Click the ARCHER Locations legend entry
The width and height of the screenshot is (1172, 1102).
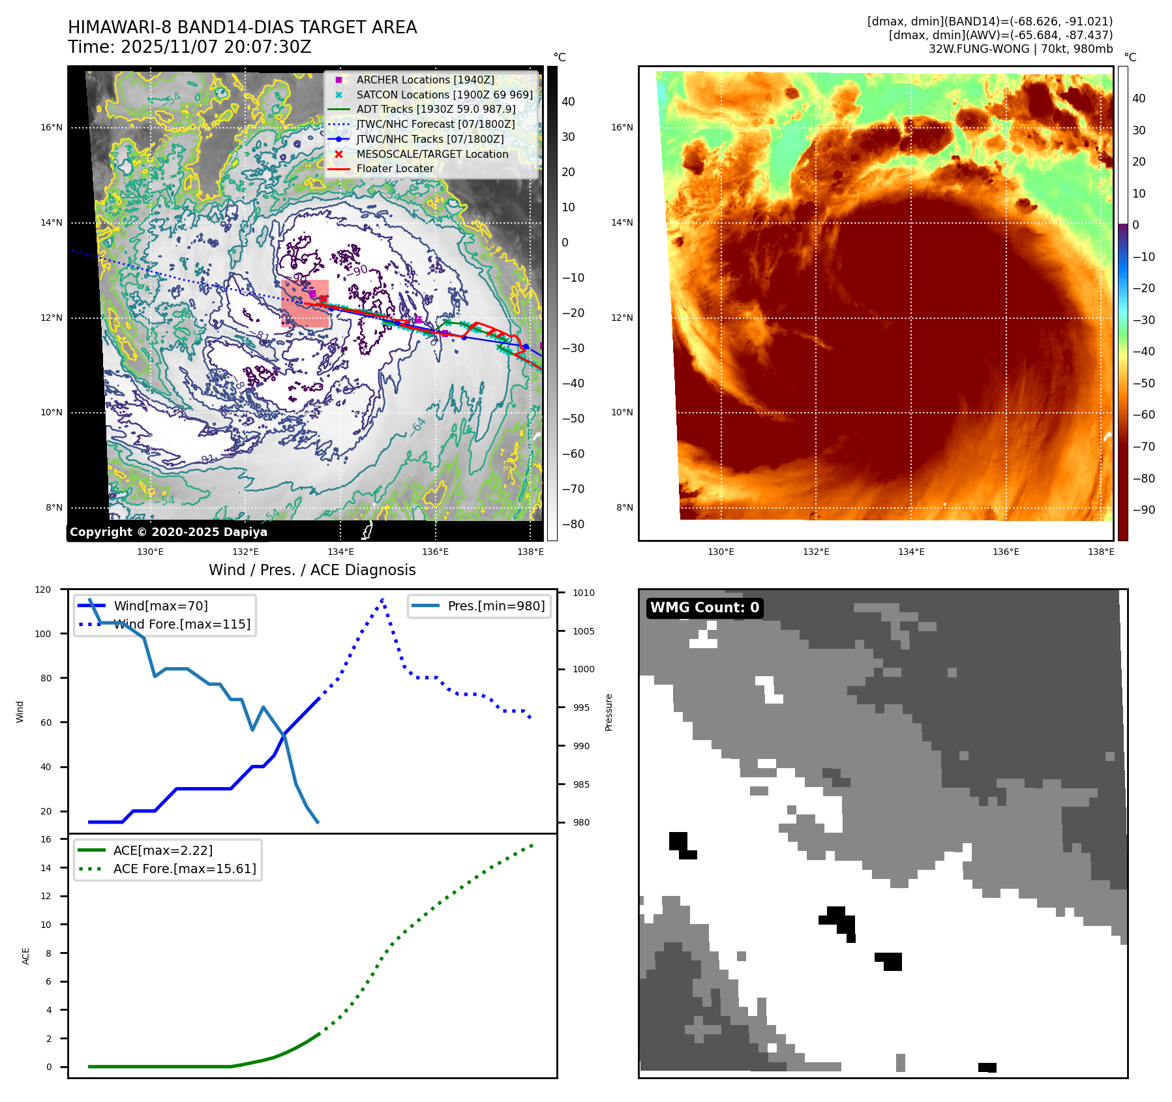425,80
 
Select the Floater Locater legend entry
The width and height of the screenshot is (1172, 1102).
395,168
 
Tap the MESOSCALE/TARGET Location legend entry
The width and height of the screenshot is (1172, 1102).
432,154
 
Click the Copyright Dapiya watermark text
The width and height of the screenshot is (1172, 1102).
168,532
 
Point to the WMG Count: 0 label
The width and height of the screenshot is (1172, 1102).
704,608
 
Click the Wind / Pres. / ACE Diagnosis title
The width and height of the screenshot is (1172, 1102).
312,570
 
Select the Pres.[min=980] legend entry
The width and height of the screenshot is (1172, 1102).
496,606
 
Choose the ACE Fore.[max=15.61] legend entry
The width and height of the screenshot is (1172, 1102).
185,869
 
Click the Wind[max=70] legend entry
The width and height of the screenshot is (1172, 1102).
160,606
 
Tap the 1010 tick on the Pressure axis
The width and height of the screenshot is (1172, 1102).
584,593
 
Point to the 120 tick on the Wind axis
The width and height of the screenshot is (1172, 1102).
43,589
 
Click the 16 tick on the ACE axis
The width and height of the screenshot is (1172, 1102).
46,839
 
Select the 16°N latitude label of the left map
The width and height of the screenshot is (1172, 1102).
52,127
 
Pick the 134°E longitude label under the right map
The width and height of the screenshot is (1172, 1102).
911,552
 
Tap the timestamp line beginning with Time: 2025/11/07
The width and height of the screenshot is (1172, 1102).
190,48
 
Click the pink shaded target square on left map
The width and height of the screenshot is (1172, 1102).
305,303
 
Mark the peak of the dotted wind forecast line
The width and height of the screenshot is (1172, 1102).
382,599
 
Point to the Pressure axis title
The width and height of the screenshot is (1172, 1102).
609,712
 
